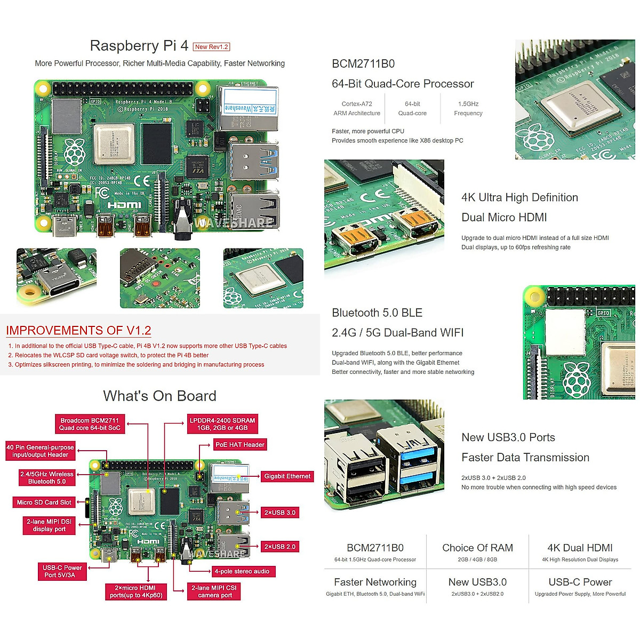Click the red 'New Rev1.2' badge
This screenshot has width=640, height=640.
coord(211,47)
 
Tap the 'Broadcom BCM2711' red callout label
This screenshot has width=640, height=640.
coord(90,424)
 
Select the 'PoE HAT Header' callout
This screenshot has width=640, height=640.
coord(239,445)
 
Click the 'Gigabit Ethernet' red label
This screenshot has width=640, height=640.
coord(287,476)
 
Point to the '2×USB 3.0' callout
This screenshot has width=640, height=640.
coord(279,513)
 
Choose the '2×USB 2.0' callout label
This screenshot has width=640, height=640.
coord(279,547)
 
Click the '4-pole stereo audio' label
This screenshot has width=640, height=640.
coord(242,571)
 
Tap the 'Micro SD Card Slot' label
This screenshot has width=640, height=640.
coord(44,502)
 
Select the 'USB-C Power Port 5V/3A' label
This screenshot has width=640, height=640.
coord(62,571)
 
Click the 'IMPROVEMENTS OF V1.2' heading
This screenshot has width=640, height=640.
coord(78,331)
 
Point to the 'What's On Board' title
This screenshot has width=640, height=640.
coord(159,396)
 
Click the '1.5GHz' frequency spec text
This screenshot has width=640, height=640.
coord(468,104)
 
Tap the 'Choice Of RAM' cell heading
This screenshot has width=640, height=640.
coord(477,548)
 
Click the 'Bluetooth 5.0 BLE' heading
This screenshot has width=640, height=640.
coord(377,313)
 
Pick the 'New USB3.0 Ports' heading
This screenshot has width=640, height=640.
coord(508,438)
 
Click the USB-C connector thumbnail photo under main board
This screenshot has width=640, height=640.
coord(57,277)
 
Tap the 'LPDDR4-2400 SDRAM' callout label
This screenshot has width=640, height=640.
coord(222,424)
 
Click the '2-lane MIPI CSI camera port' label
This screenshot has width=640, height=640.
coord(214,591)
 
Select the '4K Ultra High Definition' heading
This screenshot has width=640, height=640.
coord(519,198)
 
